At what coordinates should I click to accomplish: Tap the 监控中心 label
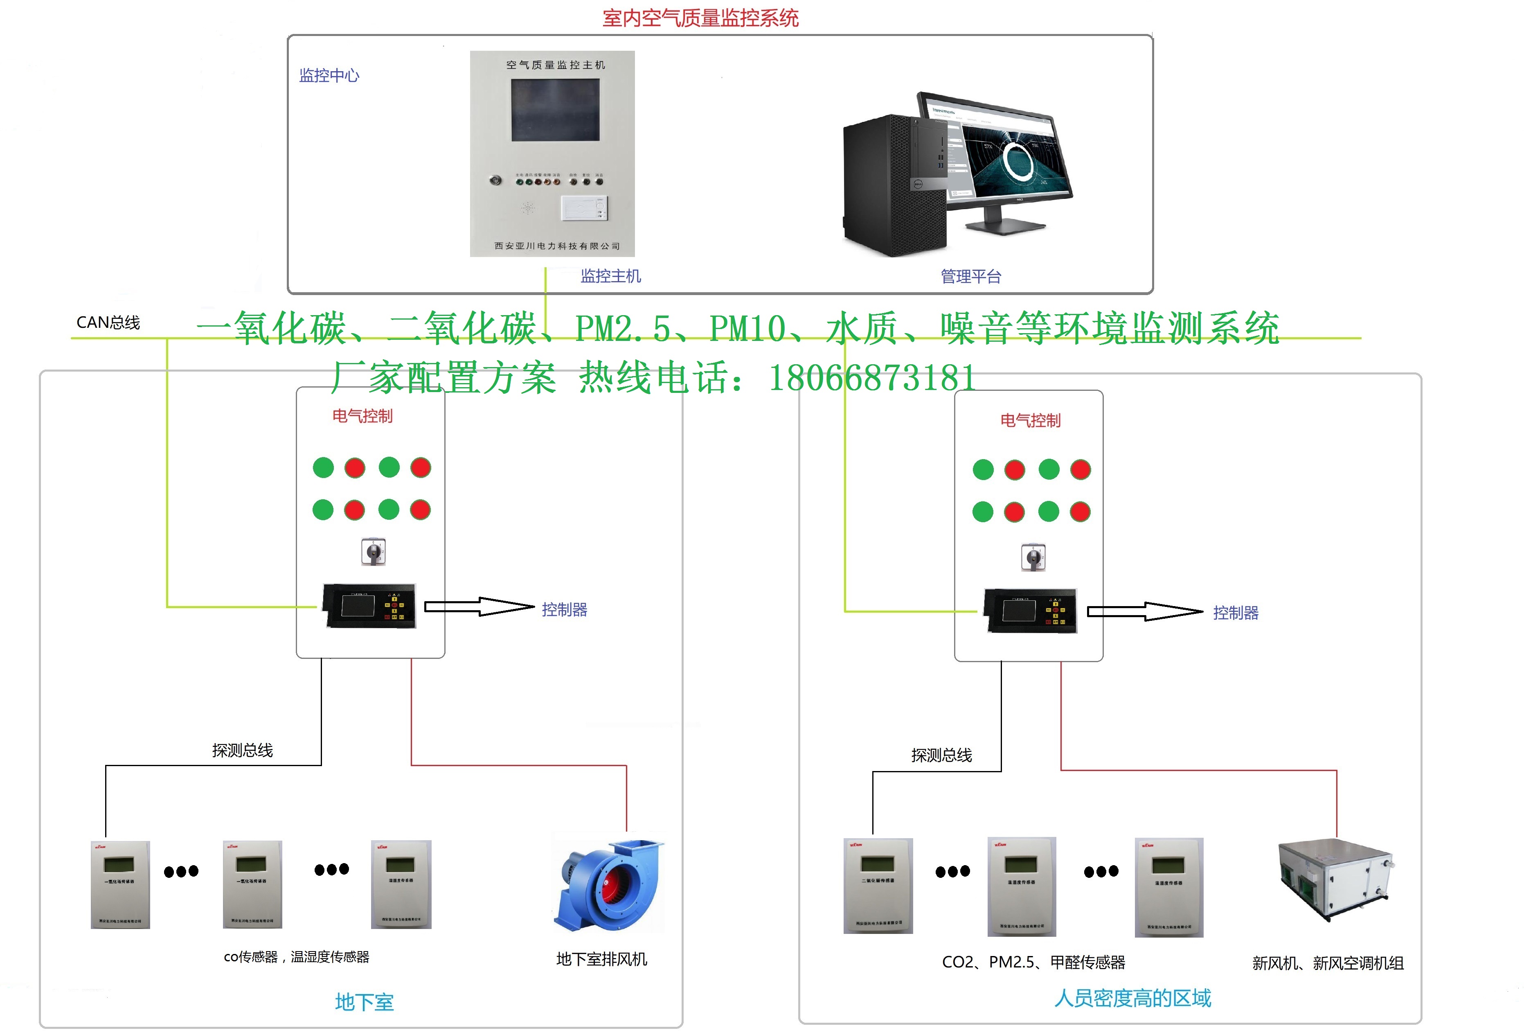click(329, 75)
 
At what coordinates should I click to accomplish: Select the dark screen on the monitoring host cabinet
click(555, 110)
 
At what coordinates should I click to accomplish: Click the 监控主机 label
click(610, 276)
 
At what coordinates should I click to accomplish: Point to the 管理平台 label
click(970, 276)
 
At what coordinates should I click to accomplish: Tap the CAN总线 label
click(108, 322)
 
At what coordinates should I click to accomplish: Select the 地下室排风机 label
click(601, 959)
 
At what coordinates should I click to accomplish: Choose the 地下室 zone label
click(364, 1001)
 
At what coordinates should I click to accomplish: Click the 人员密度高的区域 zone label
click(1132, 998)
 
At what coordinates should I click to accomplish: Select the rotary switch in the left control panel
click(373, 552)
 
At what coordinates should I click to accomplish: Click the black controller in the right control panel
click(1030, 611)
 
